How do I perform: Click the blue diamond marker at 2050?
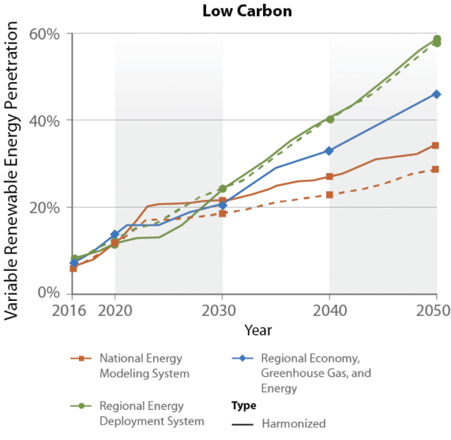point(436,94)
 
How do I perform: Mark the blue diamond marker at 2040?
point(329,151)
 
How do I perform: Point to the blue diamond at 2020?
point(115,235)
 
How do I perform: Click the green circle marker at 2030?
point(222,189)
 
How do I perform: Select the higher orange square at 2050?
point(436,145)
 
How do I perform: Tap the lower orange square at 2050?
point(436,169)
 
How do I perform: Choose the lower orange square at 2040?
point(329,195)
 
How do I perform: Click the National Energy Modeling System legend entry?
point(141,366)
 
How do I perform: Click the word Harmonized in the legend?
point(293,423)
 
